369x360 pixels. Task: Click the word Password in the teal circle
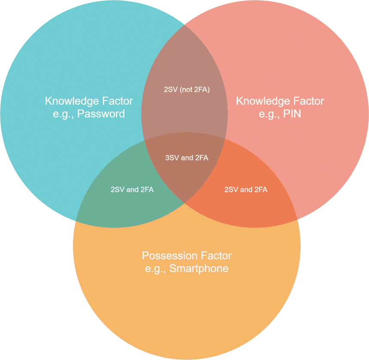click(x=101, y=114)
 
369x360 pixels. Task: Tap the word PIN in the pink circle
click(x=292, y=114)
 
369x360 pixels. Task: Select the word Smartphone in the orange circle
click(x=199, y=269)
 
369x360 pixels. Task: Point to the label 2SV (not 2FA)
click(x=187, y=90)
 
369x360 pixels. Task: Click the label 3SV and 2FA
click(x=187, y=157)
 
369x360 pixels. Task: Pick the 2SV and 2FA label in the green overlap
click(x=132, y=190)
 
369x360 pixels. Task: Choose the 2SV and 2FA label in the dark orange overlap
click(x=246, y=190)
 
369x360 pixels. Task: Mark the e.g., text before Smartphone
click(x=155, y=269)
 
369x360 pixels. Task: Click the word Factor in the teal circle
click(x=118, y=101)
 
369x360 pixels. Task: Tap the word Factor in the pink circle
click(x=309, y=101)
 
